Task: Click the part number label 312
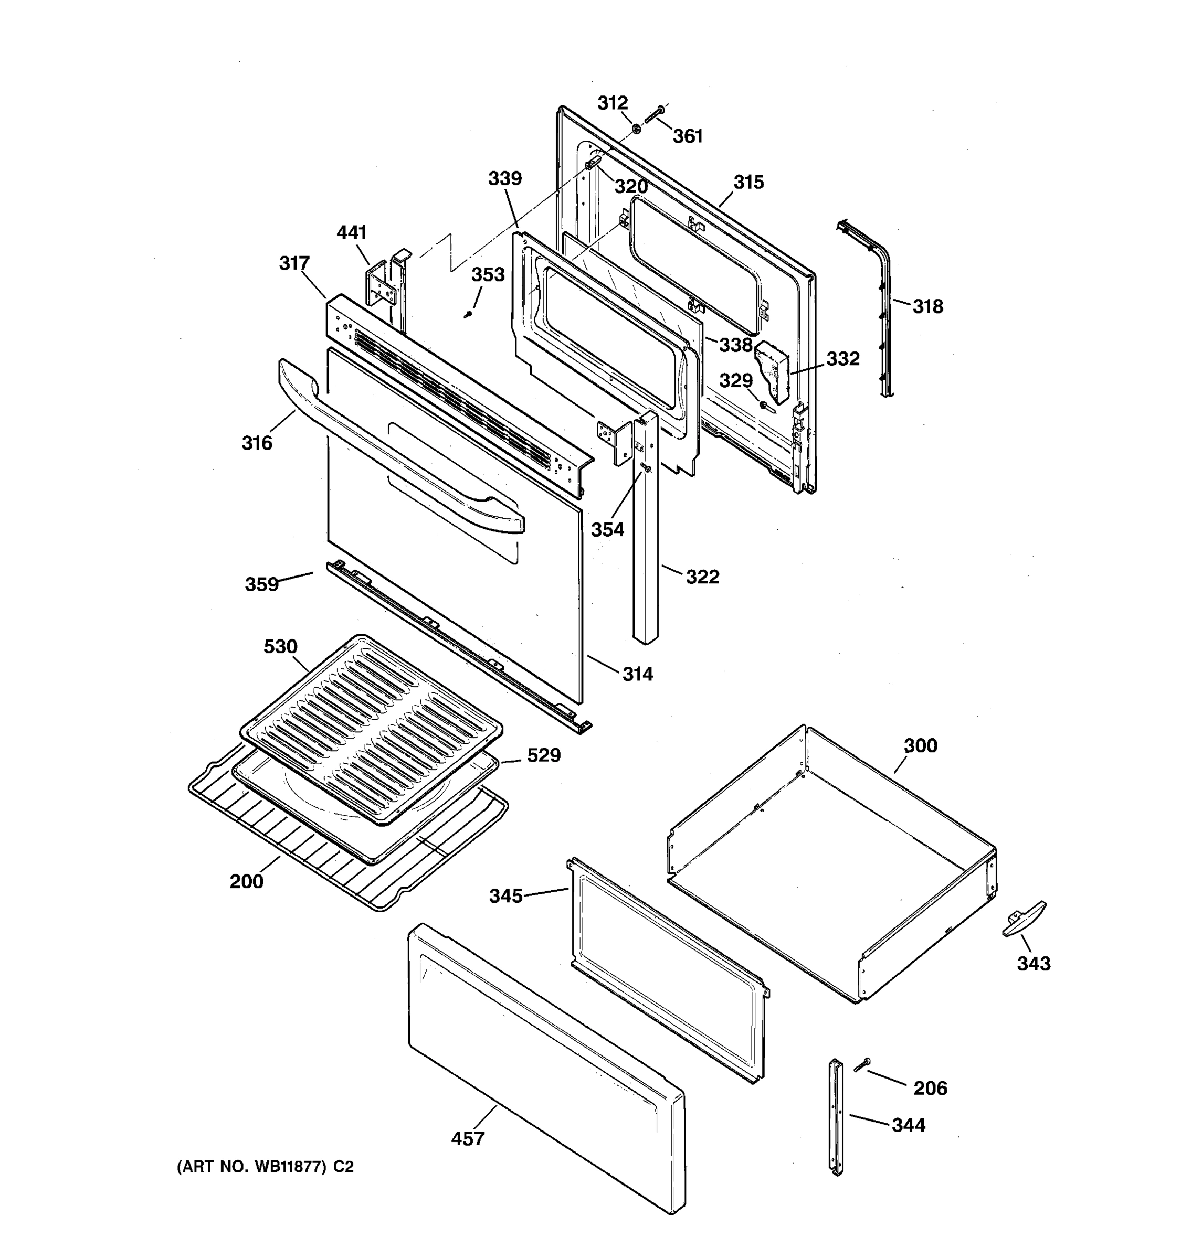click(x=612, y=103)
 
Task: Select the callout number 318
click(x=927, y=306)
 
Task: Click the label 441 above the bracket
click(x=352, y=232)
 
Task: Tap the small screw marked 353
click(x=468, y=314)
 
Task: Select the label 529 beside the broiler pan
click(x=544, y=755)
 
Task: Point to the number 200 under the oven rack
click(x=247, y=881)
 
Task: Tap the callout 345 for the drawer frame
click(x=505, y=895)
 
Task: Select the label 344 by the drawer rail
click(x=909, y=1125)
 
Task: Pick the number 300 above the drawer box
click(x=920, y=745)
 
